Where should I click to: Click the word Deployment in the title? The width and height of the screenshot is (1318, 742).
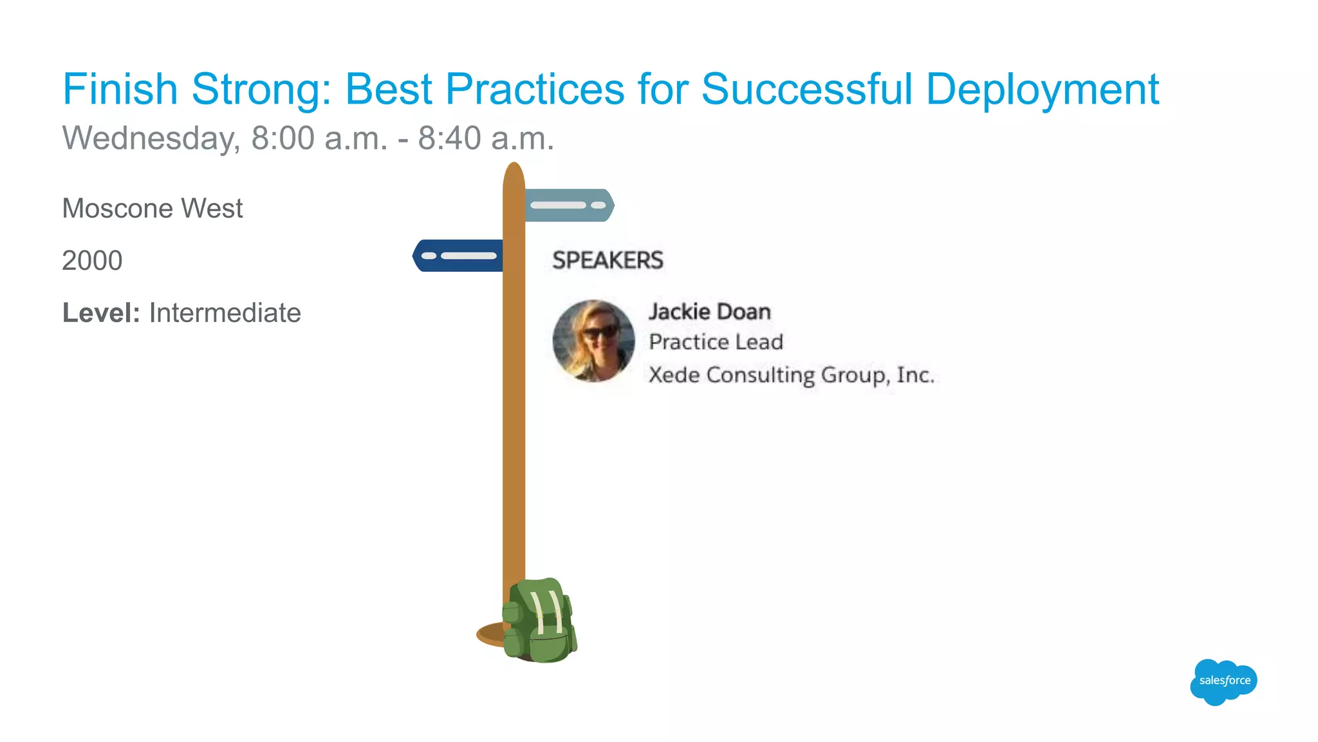pos(1042,89)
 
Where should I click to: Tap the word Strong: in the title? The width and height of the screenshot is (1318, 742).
pos(261,89)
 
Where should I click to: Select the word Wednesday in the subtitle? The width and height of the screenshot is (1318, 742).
pos(150,138)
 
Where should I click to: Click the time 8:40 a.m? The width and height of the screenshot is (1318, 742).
pos(486,138)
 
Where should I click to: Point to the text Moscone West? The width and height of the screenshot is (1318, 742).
pos(153,209)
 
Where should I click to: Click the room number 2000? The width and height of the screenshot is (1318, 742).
pos(92,261)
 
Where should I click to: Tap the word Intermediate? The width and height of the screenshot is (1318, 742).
pos(225,313)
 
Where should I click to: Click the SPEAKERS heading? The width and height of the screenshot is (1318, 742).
pos(608,260)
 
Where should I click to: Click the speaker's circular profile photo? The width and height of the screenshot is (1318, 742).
pos(593,341)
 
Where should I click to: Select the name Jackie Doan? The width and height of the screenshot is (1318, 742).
pos(709,312)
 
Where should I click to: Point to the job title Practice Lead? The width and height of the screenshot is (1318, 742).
pos(716,342)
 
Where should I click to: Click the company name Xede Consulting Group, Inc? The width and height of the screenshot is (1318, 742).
pos(791,375)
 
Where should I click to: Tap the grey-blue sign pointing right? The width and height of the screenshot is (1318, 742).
pos(568,205)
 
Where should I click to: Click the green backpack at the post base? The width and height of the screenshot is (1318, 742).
pos(539,621)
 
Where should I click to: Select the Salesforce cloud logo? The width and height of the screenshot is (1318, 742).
pos(1223,681)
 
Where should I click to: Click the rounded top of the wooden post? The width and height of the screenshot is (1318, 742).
pos(514,173)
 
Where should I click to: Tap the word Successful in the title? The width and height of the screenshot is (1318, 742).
pos(806,89)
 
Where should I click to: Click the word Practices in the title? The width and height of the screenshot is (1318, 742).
pos(535,89)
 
